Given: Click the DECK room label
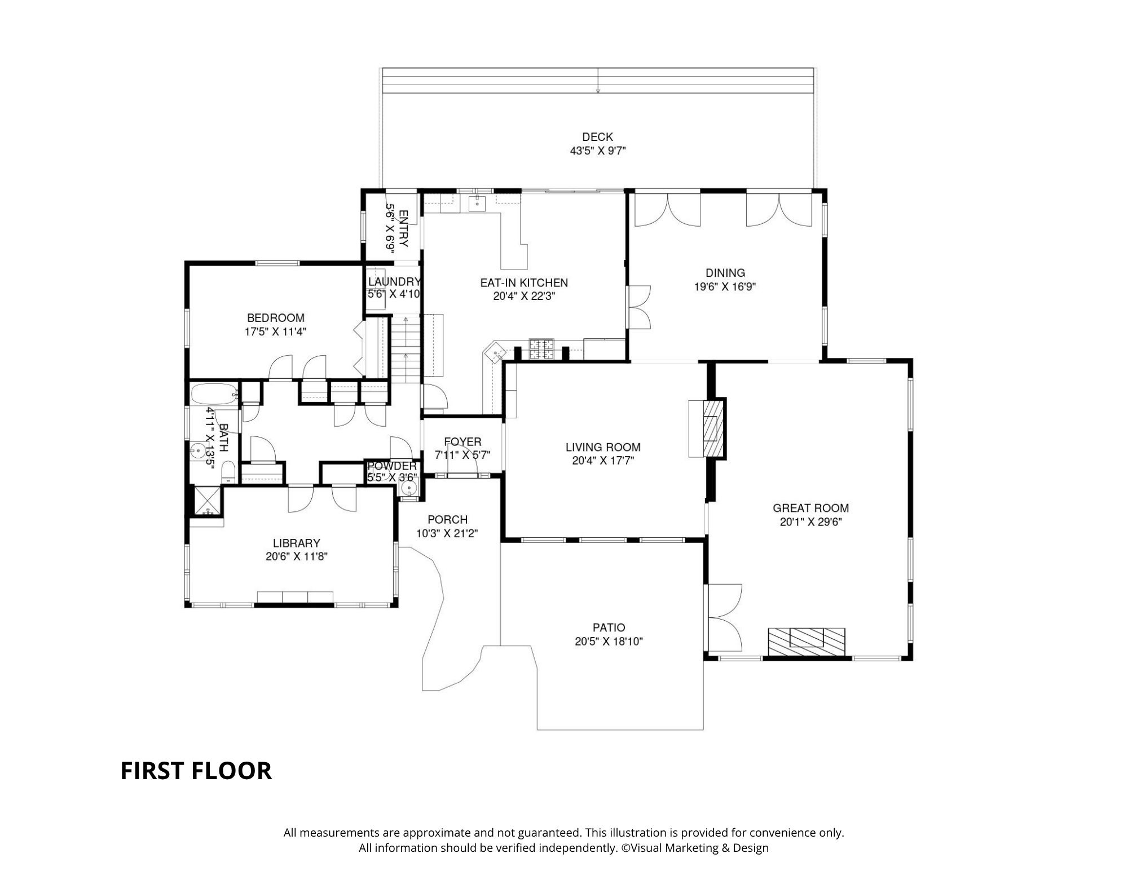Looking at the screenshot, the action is [597, 137].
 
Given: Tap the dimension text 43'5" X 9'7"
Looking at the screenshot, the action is [598, 151].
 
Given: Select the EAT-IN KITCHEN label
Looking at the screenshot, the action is [524, 283].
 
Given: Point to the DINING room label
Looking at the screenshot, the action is [725, 273].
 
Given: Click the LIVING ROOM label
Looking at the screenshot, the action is [603, 448].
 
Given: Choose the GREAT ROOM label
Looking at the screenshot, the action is [810, 509].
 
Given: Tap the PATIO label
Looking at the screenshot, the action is [609, 627].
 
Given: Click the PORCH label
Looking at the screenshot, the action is [447, 520].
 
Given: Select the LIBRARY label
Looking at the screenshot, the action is [296, 543].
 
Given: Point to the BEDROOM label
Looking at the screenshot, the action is [276, 318].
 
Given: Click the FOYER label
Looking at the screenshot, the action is [462, 442].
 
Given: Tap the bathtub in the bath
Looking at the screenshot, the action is [213, 394].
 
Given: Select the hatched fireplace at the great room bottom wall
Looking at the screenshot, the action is [807, 642].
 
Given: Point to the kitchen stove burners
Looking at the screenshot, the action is [541, 350].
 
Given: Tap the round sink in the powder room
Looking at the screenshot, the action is [409, 488].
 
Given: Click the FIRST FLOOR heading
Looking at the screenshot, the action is [196, 771].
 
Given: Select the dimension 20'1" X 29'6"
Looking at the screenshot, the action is [810, 522].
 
